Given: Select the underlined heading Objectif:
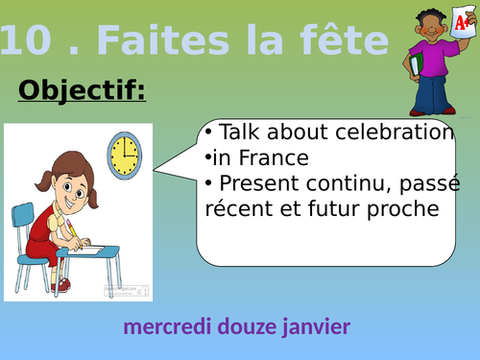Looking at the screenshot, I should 82,91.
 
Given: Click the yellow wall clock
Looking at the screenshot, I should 123,155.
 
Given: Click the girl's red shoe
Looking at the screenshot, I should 62,284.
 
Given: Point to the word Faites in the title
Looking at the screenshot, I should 144,40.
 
